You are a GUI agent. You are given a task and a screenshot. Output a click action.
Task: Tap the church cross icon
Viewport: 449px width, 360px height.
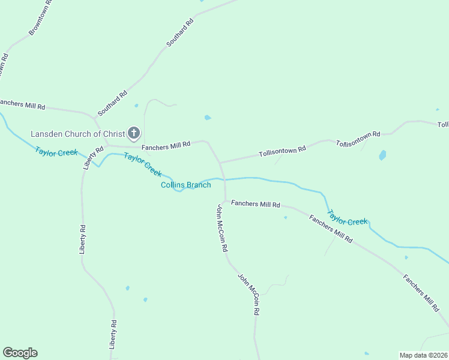[133, 133]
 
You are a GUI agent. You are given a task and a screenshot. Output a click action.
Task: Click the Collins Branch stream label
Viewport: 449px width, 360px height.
[186, 185]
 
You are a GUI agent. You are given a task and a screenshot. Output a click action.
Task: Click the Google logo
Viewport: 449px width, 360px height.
[20, 353]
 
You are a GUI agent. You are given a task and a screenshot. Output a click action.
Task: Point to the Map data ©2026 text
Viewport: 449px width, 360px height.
[423, 355]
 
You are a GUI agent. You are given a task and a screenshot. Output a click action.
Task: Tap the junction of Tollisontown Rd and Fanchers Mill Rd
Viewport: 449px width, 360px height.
[220, 163]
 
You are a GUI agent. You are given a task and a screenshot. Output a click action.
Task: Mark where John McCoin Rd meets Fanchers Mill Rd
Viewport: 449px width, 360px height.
[225, 201]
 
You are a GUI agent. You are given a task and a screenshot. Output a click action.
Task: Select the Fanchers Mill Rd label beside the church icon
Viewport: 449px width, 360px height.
[166, 145]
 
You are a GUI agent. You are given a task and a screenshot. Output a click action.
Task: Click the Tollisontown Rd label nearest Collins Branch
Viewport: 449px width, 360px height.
[282, 150]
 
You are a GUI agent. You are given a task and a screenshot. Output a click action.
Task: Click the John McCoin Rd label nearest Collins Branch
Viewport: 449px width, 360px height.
[222, 228]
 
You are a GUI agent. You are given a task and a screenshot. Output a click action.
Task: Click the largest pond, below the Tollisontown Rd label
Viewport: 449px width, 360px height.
[382, 155]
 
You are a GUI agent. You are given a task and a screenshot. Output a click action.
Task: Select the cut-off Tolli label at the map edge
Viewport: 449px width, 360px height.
[443, 125]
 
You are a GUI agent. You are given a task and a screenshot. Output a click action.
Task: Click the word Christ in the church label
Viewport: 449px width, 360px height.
[112, 133]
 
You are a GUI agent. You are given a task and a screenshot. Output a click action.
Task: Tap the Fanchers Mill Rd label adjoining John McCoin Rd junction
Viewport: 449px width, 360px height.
[256, 204]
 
